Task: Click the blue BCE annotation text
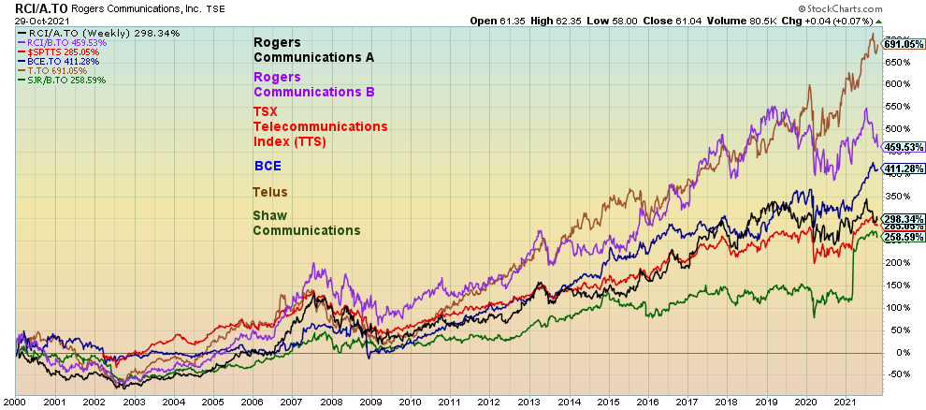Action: click(268, 166)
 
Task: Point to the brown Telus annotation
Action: click(270, 192)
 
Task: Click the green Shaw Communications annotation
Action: click(306, 223)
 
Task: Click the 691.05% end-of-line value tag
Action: click(904, 44)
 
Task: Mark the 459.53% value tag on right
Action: click(904, 147)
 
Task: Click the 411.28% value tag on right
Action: click(904, 169)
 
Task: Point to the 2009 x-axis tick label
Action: click(369, 402)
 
